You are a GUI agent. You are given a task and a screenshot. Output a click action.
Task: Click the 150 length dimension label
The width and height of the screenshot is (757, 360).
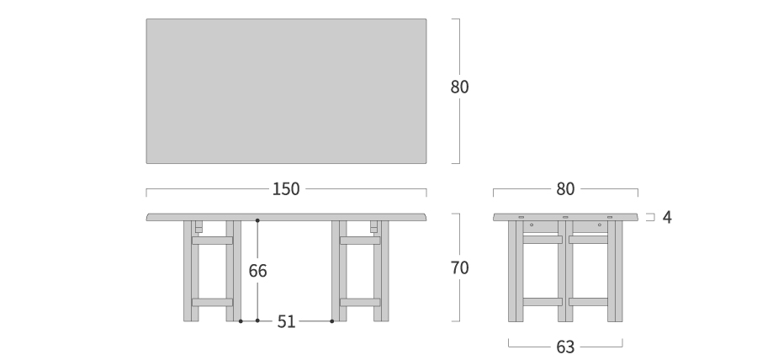[286, 188]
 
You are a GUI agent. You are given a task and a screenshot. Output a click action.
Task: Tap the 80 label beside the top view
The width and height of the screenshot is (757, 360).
[459, 87]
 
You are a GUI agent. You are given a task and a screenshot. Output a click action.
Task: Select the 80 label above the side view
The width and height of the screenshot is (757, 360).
[565, 188]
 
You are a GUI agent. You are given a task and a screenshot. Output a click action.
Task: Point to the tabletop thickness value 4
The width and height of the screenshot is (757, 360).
[667, 217]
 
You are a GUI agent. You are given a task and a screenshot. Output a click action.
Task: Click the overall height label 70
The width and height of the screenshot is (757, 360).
[459, 267]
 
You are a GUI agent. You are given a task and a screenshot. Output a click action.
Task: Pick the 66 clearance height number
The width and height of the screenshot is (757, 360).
[258, 271]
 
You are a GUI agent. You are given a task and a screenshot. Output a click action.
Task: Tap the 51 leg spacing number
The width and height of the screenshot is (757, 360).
[286, 322]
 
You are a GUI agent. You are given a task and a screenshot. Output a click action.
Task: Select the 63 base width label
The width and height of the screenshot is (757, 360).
[565, 347]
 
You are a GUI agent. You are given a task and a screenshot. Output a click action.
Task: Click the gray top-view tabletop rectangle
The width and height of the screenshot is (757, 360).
[286, 91]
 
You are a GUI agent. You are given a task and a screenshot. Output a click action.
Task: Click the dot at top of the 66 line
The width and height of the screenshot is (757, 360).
[258, 220]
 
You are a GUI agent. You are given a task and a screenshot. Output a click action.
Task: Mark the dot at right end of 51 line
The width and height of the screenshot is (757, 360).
[331, 321]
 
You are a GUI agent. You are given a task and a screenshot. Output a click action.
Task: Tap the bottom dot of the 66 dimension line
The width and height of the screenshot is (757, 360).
[258, 321]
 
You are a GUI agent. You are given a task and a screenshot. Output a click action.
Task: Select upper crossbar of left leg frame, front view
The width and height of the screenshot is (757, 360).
[213, 241]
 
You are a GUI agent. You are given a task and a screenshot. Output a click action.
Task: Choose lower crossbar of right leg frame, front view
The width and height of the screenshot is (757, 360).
[360, 303]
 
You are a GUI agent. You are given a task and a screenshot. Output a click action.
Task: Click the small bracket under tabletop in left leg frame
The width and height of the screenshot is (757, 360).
[199, 227]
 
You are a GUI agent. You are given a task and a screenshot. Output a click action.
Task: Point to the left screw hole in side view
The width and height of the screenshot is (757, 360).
[532, 225]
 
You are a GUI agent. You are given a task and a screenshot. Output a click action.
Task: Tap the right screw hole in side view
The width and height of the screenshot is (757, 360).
[600, 225]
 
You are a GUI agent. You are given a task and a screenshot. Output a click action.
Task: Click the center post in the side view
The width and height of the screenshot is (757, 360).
[565, 271]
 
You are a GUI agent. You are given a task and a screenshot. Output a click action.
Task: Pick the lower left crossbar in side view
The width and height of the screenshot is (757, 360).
[543, 302]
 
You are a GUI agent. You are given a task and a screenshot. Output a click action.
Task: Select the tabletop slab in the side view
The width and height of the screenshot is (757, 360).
[565, 217]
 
